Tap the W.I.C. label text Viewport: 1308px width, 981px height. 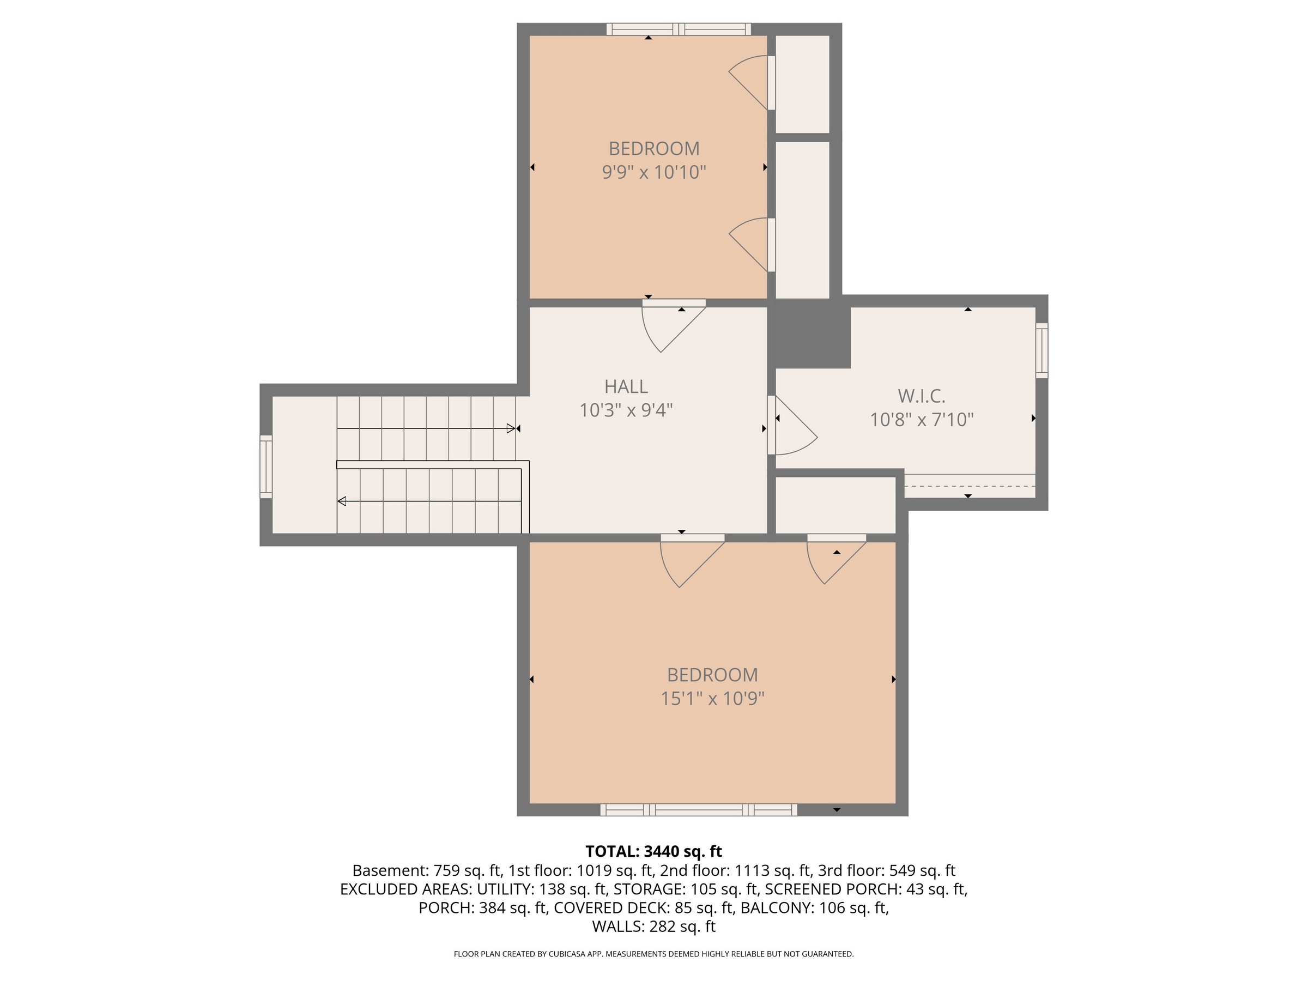pos(921,396)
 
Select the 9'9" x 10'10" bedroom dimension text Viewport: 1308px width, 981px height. pos(654,172)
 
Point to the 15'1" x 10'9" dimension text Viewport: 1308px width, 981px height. pos(712,698)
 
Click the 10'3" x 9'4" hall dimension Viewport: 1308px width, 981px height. pos(626,410)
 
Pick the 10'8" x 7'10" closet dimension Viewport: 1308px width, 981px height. pos(921,419)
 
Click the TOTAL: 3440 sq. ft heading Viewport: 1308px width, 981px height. pos(653,851)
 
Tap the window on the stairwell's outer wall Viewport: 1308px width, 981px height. pos(266,467)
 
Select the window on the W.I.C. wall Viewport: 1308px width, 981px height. pos(1041,350)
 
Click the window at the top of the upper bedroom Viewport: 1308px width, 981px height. pos(679,29)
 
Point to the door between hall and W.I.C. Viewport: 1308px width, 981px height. pos(792,425)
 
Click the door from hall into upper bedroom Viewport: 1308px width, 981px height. pos(674,326)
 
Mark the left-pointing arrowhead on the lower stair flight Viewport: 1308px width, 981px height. pos(342,501)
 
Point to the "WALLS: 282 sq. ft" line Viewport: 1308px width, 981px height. pos(653,926)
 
